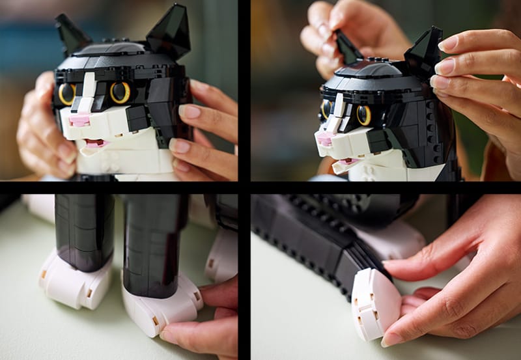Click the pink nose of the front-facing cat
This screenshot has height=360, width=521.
coord(80,120)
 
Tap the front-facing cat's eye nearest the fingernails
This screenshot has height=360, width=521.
coord(120,92)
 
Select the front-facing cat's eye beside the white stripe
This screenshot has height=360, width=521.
coord(67,94)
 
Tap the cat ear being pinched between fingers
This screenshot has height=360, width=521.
coord(347,48)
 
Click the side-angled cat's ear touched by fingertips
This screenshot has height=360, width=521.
coord(425,51)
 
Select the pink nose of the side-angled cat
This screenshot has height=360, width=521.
coord(324,139)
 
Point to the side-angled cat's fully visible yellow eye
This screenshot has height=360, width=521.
coord(363,115)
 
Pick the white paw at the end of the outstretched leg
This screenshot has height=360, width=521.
coord(375,302)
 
